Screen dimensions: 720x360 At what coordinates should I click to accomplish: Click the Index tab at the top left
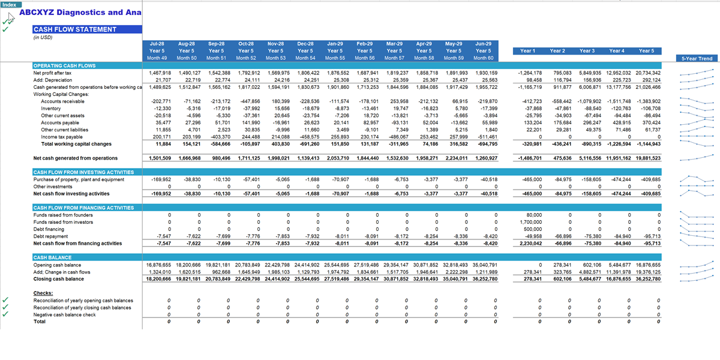[x=11, y=5]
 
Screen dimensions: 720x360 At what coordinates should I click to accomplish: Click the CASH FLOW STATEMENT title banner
[x=87, y=29]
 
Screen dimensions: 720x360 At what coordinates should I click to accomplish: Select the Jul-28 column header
[x=157, y=44]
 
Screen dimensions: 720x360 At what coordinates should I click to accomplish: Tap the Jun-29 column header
[x=483, y=44]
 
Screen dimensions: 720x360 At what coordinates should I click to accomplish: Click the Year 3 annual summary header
[x=587, y=51]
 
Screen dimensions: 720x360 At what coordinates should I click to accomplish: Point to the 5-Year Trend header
[x=697, y=59]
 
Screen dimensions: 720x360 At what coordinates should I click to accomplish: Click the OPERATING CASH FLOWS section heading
[x=65, y=65]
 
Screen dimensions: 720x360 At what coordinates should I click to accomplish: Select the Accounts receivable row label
[x=62, y=101]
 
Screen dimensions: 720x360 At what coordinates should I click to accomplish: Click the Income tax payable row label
[x=62, y=137]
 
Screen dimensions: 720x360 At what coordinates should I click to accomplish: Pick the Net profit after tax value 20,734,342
[x=647, y=73]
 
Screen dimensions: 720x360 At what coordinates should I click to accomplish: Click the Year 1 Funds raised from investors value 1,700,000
[x=530, y=222]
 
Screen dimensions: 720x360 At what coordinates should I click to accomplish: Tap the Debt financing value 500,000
[x=533, y=229]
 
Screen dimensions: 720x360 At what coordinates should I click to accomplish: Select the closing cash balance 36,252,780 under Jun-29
[x=485, y=279]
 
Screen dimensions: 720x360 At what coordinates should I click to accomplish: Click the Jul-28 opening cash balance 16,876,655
[x=158, y=265]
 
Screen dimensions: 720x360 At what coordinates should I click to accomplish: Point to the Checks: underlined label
[x=43, y=293]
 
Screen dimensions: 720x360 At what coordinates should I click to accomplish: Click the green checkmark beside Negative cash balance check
[x=5, y=314]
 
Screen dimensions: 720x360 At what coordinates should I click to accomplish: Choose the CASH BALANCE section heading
[x=52, y=257]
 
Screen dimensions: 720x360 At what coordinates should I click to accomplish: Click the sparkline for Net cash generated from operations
[x=697, y=158]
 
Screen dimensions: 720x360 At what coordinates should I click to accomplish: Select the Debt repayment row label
[x=50, y=236]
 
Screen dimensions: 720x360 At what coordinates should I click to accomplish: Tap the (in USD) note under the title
[x=43, y=37]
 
